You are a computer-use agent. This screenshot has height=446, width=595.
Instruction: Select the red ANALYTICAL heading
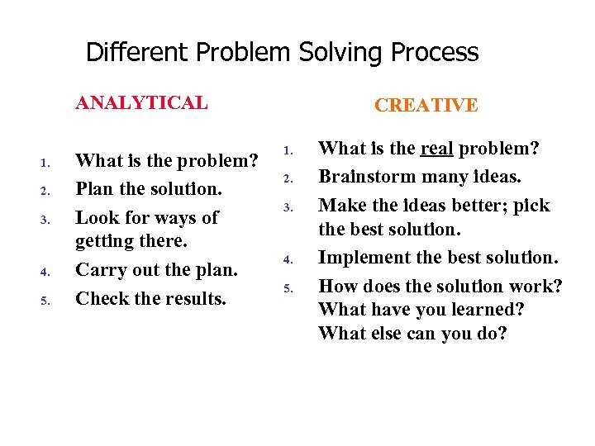point(141,103)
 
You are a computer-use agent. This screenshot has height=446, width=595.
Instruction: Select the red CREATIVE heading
point(426,105)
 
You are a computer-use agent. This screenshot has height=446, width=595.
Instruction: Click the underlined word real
point(436,149)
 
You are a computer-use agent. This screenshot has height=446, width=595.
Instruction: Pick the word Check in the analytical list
point(101,298)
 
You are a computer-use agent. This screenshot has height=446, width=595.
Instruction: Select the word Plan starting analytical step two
point(95,189)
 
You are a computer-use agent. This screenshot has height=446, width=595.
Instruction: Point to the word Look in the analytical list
point(95,217)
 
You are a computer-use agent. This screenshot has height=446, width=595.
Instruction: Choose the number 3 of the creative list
point(288,206)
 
